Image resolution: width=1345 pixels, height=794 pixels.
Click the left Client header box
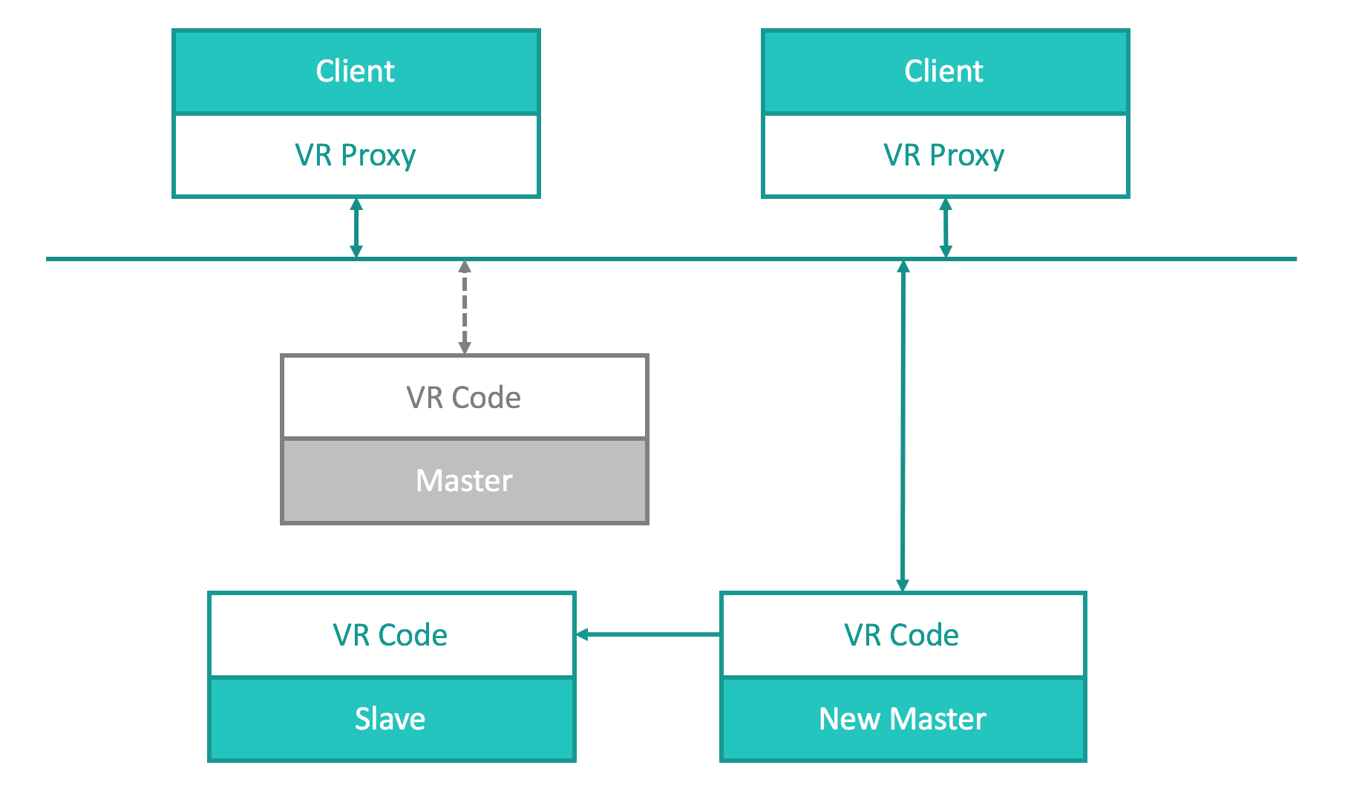tap(356, 71)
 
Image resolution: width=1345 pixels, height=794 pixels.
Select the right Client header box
tap(945, 71)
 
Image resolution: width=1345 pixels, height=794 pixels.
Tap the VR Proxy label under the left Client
tap(356, 156)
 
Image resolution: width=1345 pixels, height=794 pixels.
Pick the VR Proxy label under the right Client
tap(944, 156)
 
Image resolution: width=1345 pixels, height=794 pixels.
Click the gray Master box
tap(465, 481)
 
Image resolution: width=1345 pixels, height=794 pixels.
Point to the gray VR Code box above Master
tap(465, 397)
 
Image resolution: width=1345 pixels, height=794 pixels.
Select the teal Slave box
tap(392, 719)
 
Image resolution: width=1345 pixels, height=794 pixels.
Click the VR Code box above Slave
tap(392, 634)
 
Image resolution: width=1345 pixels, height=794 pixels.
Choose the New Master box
tap(903, 719)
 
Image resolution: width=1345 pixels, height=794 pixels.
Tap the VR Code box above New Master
tap(903, 634)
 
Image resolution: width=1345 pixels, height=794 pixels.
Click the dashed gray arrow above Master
tap(465, 307)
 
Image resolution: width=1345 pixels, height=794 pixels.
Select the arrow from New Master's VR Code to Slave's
tap(648, 634)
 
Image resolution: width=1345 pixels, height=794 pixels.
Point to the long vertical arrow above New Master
tap(903, 426)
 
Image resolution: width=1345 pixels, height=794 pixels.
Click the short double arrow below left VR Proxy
tap(356, 228)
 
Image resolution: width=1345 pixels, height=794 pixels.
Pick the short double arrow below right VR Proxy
tap(946, 228)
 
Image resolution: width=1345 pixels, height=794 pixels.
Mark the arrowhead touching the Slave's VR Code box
tap(583, 634)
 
